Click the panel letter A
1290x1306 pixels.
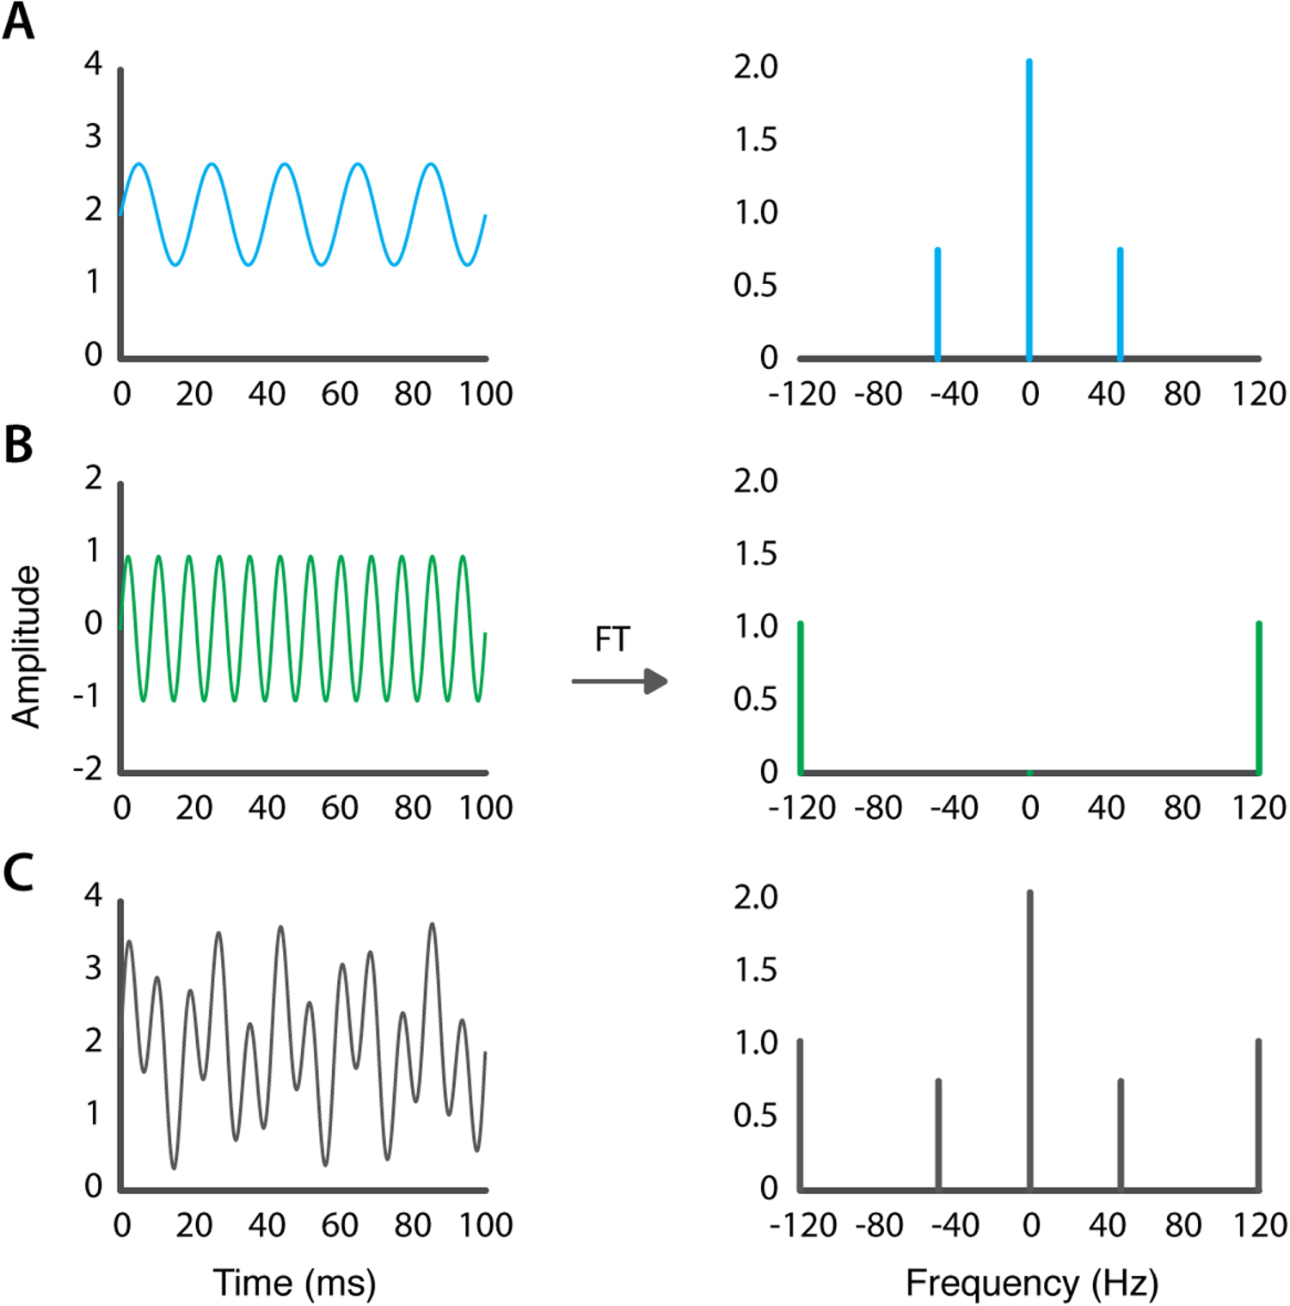pyautogui.click(x=19, y=22)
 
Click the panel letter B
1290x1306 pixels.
pyautogui.click(x=19, y=445)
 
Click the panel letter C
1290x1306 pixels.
pyautogui.click(x=19, y=872)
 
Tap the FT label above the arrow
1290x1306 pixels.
pyautogui.click(x=612, y=640)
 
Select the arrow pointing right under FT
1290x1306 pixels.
pyautogui.click(x=620, y=681)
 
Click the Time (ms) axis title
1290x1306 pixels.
pyautogui.click(x=294, y=1283)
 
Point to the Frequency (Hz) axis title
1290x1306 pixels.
pyautogui.click(x=1032, y=1283)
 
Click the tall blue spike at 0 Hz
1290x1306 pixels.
pyautogui.click(x=1029, y=206)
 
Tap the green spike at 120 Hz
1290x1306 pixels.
pyautogui.click(x=1259, y=697)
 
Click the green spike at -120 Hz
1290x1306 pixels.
pyautogui.click(x=801, y=697)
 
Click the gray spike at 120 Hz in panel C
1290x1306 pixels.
pyautogui.click(x=1258, y=1114)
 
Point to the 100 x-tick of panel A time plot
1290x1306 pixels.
pyautogui.click(x=486, y=394)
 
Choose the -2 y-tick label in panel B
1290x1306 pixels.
pyautogui.click(x=88, y=768)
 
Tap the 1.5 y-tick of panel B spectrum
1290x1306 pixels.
pyautogui.click(x=755, y=554)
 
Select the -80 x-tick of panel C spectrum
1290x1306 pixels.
pyautogui.click(x=879, y=1225)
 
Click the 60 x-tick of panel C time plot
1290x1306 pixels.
pyautogui.click(x=340, y=1225)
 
